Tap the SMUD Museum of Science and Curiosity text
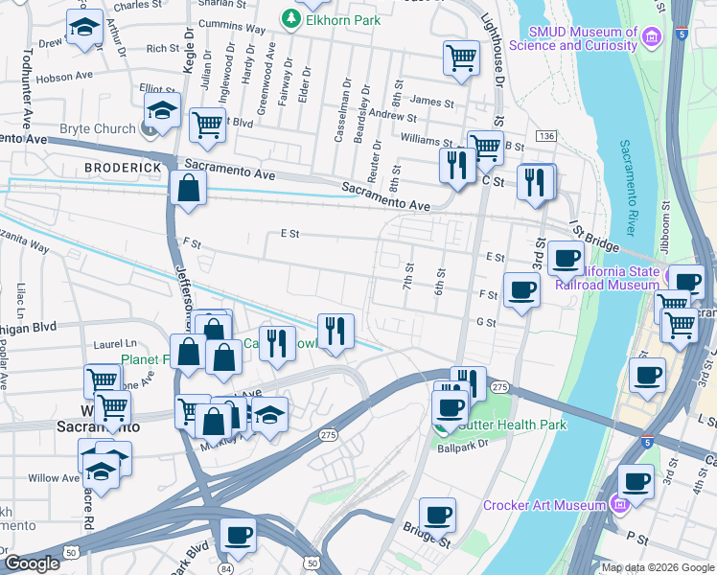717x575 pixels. (x=573, y=38)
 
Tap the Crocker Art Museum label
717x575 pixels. (x=544, y=505)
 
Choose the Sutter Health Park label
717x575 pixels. (x=512, y=425)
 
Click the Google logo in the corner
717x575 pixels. (x=31, y=563)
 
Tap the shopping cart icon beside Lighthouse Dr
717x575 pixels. (x=462, y=57)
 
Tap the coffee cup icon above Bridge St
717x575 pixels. (x=437, y=515)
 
